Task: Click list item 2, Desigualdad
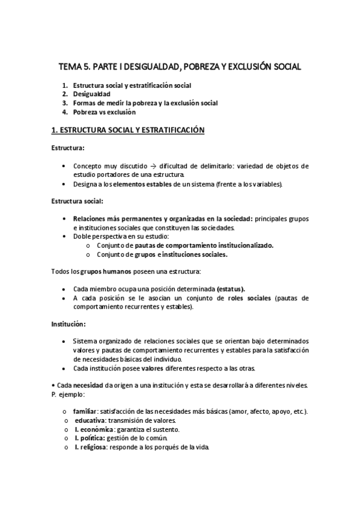point(91,94)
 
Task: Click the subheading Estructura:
point(67,147)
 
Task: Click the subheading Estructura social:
point(77,200)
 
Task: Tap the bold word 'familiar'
point(84,411)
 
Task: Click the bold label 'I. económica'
point(93,429)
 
